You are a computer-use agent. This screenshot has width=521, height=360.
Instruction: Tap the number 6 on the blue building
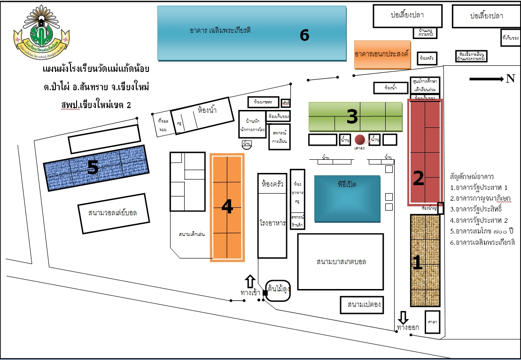click(x=304, y=35)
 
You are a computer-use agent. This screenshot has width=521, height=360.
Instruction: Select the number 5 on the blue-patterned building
click(x=93, y=168)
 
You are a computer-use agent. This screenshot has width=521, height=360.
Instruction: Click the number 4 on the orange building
click(x=227, y=206)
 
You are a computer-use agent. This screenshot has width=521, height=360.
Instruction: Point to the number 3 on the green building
click(x=352, y=117)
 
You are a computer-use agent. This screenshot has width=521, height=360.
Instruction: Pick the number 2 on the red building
click(x=418, y=177)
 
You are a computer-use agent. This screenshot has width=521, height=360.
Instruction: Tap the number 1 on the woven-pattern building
click(x=417, y=262)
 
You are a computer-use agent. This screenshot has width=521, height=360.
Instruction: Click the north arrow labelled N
click(x=491, y=79)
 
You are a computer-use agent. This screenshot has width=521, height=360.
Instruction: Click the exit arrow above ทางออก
click(x=403, y=316)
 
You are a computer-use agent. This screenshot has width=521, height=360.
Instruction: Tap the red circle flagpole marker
click(x=360, y=140)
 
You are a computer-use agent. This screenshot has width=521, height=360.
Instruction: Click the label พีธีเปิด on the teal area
click(x=347, y=184)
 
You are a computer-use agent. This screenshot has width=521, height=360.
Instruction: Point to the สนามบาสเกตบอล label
click(x=341, y=262)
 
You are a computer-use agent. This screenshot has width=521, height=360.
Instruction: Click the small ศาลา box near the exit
click(x=433, y=322)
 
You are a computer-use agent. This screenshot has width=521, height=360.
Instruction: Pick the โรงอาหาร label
click(x=272, y=224)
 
